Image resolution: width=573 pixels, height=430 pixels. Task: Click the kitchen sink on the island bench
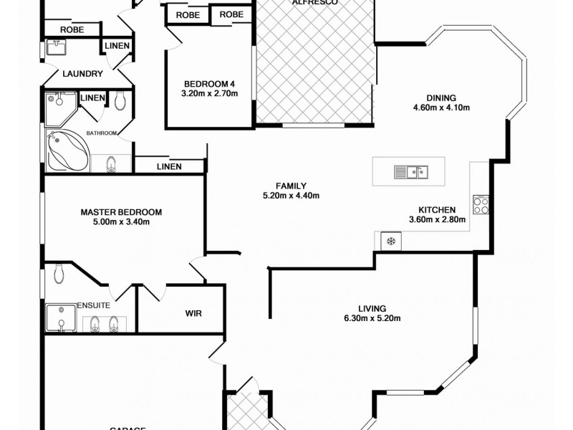point(410,171)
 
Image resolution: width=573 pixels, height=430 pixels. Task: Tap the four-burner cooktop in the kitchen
point(481,206)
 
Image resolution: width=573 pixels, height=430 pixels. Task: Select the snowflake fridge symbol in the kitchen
point(391,242)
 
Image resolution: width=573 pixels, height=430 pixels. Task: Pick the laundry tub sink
point(56,47)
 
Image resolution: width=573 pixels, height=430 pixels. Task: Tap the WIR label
point(193,313)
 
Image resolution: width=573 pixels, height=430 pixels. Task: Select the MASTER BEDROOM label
point(121,212)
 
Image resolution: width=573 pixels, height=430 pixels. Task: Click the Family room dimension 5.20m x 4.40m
point(291,196)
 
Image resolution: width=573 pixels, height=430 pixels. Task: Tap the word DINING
point(441,98)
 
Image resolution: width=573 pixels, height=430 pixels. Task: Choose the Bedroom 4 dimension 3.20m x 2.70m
point(208,92)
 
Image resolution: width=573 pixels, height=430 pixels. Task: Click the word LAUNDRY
point(82,74)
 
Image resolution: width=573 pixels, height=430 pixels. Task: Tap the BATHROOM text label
point(103,133)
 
